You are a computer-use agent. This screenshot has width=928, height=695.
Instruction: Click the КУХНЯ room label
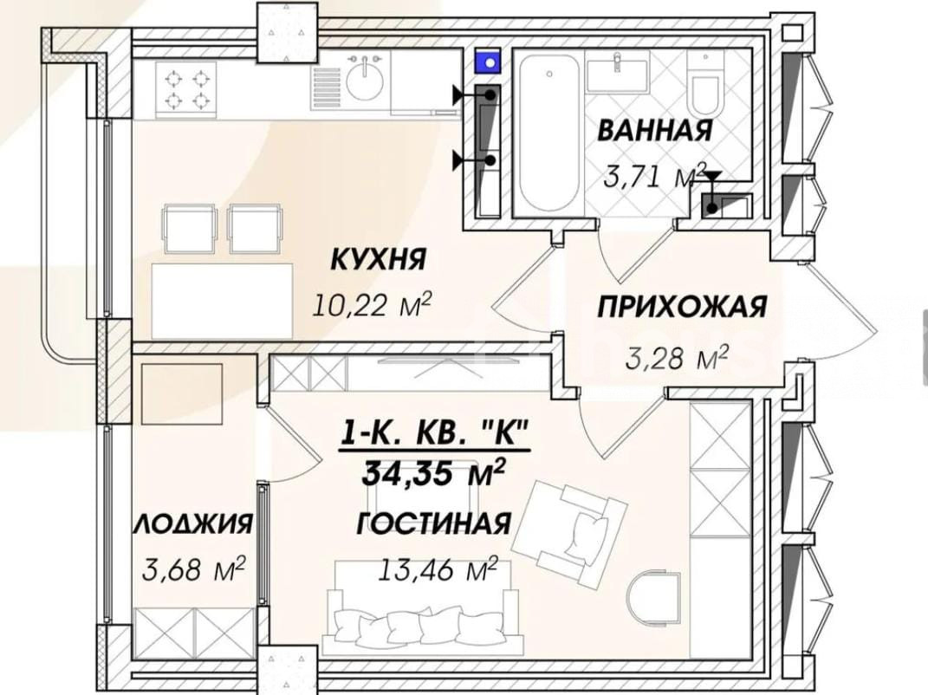pyautogui.click(x=378, y=259)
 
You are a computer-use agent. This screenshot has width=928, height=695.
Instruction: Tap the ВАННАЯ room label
pyautogui.click(x=654, y=130)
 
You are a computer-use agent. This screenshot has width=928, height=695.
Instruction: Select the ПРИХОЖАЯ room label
pyautogui.click(x=683, y=308)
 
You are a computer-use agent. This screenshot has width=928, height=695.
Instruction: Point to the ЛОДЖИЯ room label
pyautogui.click(x=193, y=524)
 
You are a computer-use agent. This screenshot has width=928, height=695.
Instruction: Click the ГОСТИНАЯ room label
pyautogui.click(x=433, y=523)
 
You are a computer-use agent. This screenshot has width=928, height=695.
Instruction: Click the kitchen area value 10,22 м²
pyautogui.click(x=372, y=305)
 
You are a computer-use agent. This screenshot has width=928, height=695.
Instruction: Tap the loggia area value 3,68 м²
pyautogui.click(x=193, y=569)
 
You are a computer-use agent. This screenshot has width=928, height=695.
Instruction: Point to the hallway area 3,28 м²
pyautogui.click(x=677, y=358)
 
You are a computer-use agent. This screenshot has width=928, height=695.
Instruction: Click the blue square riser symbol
pyautogui.click(x=489, y=61)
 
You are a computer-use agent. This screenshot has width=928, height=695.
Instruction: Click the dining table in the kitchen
pyautogui.click(x=223, y=302)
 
